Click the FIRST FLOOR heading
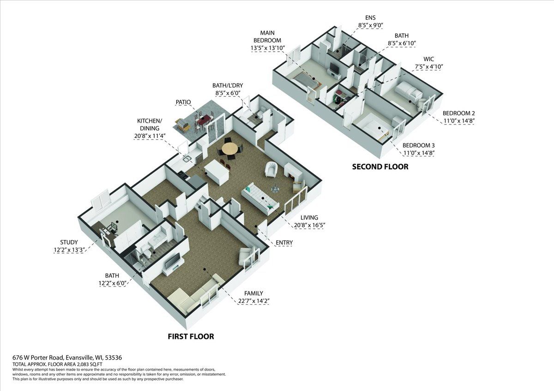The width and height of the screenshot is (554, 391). tap(191, 337)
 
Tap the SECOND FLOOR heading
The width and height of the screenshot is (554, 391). tap(380, 167)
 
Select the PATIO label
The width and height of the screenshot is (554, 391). tap(183, 102)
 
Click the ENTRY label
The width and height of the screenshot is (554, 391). tap(284, 243)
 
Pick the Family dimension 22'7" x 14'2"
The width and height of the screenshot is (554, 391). tap(253, 301)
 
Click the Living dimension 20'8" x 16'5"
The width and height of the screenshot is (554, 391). tap(309, 225)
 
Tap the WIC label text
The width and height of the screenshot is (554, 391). tap(428, 59)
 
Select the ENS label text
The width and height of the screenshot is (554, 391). tap(370, 18)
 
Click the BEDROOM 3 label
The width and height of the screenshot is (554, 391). tap(419, 145)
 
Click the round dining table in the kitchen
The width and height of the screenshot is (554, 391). tap(230, 148)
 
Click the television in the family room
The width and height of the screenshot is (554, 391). tap(172, 261)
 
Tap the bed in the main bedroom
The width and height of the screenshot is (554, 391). tap(305, 82)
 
